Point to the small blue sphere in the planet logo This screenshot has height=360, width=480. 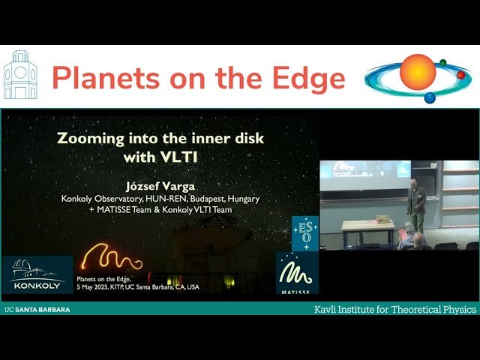[430, 97]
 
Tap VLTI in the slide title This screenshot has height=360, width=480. [189, 157]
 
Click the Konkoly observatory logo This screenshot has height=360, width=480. [37, 274]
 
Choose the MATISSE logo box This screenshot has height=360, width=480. [298, 272]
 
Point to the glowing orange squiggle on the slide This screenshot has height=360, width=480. [112, 259]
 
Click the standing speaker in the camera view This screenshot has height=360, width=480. [416, 202]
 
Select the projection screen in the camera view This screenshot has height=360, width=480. [364, 170]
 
